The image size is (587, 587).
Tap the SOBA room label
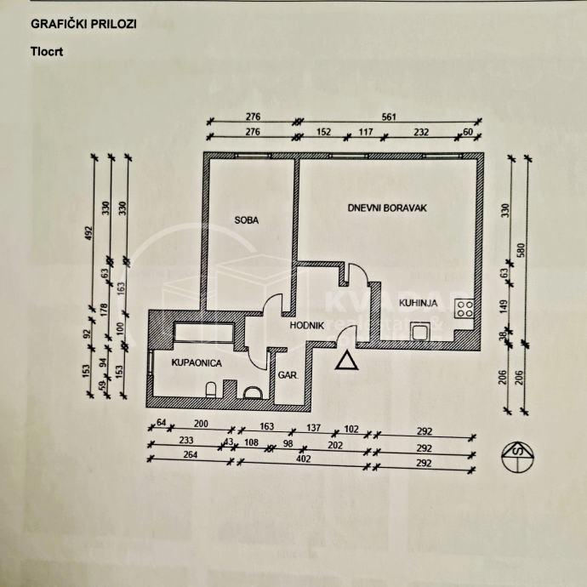[247, 220]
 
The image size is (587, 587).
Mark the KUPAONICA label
[197, 363]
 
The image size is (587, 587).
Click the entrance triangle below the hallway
[346, 362]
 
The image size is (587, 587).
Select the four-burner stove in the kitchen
[464, 311]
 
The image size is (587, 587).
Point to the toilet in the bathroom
[210, 390]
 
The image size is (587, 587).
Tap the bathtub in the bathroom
[204, 333]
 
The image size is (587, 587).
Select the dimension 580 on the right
[533, 250]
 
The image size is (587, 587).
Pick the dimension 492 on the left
[88, 234]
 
